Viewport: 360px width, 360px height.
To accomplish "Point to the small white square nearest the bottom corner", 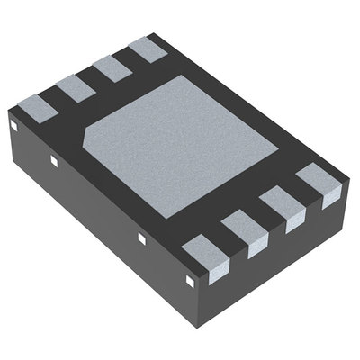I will click(x=190, y=279).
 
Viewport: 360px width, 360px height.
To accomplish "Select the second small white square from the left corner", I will click(x=54, y=163).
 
